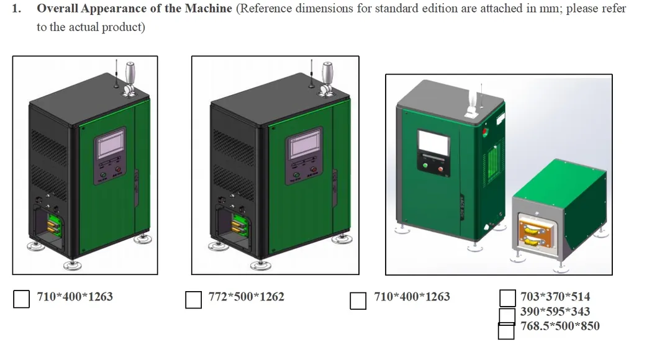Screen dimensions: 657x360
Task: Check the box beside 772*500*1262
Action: click(x=193, y=300)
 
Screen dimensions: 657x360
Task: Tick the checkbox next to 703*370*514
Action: click(x=507, y=298)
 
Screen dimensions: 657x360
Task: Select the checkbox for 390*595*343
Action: click(x=507, y=315)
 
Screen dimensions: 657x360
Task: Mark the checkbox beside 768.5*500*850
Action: click(x=506, y=331)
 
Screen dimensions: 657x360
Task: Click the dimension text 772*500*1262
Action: click(x=247, y=297)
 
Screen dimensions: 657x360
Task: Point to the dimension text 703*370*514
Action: click(x=555, y=297)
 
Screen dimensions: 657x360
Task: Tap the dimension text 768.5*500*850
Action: click(x=560, y=326)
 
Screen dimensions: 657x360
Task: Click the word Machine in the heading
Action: click(x=208, y=8)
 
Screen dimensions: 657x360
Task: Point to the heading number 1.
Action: click(x=16, y=8)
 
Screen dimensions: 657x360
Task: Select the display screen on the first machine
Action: click(x=111, y=143)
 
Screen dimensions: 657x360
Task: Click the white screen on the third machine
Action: click(x=434, y=142)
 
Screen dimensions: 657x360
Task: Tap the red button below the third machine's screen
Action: click(x=440, y=169)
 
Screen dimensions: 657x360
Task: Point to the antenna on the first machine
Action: click(x=117, y=74)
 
